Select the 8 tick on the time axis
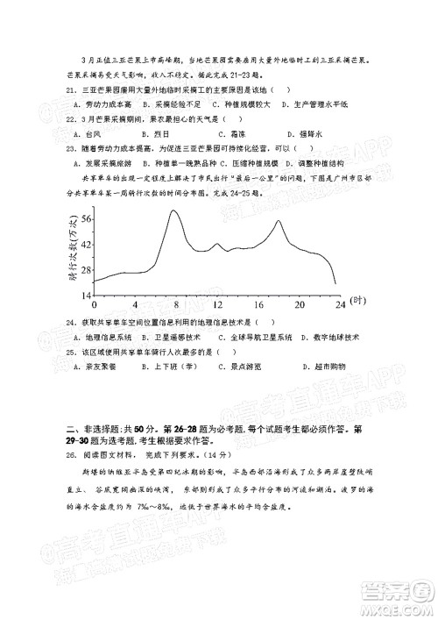click(176, 303)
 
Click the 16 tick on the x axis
click(258, 303)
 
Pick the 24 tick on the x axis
click(339, 303)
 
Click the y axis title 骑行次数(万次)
click(72, 250)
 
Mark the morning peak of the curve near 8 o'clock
click(173, 211)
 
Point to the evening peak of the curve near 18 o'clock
click(278, 221)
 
